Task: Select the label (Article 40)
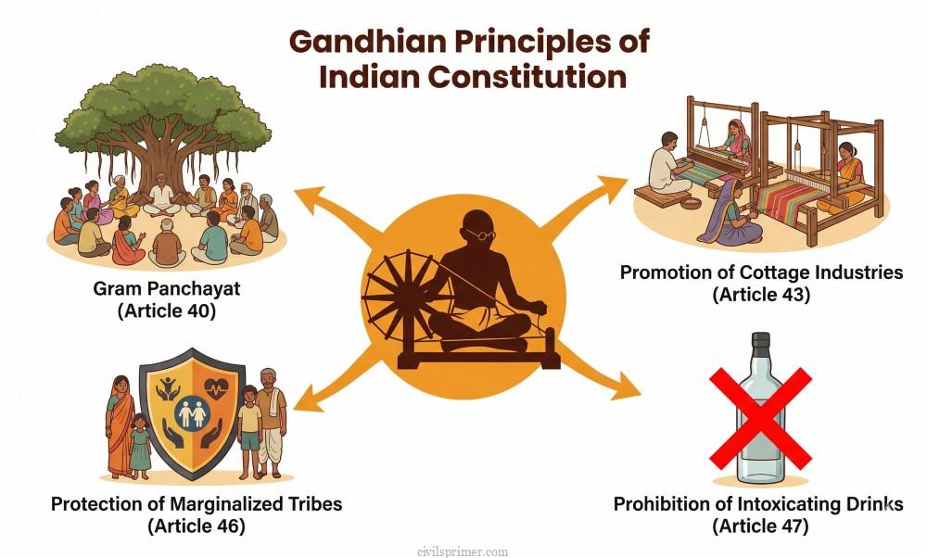(167, 311)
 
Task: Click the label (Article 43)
(761, 295)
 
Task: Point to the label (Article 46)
(197, 526)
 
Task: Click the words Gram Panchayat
(167, 289)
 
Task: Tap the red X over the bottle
(760, 416)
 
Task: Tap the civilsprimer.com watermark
(463, 552)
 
